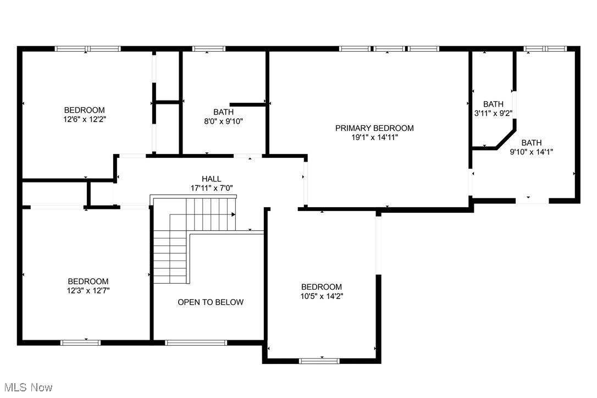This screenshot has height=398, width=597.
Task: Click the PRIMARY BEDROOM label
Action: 374,128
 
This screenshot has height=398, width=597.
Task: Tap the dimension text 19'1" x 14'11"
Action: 374,137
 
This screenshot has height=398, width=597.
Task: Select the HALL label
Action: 211,179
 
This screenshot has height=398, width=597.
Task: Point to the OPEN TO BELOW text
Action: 211,302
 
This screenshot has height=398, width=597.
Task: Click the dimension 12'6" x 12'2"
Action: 84,119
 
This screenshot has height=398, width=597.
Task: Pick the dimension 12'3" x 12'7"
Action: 88,290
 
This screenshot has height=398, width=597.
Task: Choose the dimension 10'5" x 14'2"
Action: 322,296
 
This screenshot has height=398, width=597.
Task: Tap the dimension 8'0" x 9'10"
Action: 223,121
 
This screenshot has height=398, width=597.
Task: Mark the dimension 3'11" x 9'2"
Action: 493,113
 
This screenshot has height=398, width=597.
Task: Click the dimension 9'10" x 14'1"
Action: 532,151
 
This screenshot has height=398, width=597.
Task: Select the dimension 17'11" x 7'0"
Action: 211,188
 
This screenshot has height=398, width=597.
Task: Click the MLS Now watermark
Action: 26,388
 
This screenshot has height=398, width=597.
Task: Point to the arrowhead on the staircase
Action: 234,214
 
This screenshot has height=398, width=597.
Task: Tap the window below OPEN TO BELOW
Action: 196,342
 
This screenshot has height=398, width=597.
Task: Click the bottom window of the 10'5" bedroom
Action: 320,361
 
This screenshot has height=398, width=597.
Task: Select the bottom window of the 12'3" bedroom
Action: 81,342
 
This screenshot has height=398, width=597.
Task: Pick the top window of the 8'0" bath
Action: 208,49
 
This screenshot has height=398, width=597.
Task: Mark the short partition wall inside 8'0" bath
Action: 248,104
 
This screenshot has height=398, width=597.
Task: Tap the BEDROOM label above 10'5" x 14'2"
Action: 322,286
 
